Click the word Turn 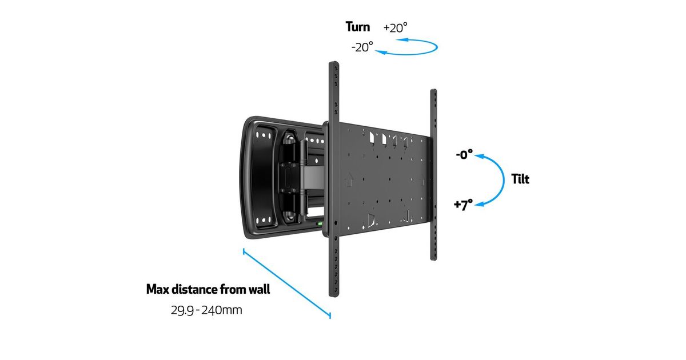(x=357, y=27)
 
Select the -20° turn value (x=362, y=47)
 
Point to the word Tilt (x=520, y=179)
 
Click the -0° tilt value (x=464, y=155)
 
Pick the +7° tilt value (x=464, y=205)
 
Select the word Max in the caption (x=158, y=289)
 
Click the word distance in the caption (x=195, y=289)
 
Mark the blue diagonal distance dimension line (x=287, y=283)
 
